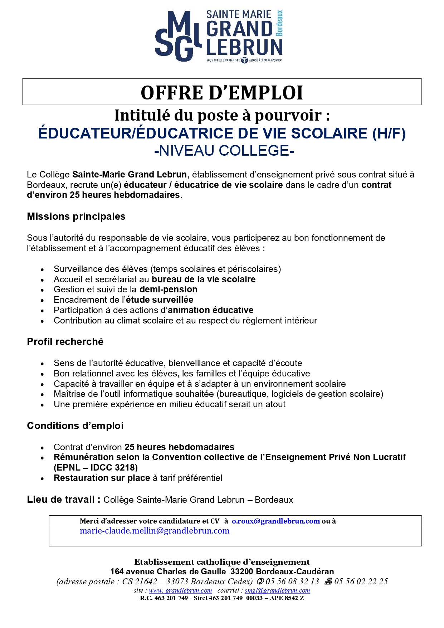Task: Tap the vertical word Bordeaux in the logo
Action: click(279, 23)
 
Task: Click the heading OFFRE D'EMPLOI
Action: click(222, 92)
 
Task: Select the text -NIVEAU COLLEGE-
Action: click(224, 151)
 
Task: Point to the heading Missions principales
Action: click(76, 216)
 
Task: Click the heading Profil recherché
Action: click(65, 342)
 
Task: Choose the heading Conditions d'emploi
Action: click(75, 426)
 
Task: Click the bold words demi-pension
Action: click(168, 289)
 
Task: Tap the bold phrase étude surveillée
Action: click(160, 300)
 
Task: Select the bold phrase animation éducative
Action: click(210, 310)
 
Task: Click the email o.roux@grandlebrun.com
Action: click(275, 521)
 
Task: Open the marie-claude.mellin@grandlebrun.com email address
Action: click(155, 531)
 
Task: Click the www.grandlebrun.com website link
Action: click(180, 590)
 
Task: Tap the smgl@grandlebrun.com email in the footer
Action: click(277, 590)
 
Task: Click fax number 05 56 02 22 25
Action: click(361, 581)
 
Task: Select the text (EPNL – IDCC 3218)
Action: click(96, 468)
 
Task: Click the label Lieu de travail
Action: click(61, 500)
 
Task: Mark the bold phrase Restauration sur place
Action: click(102, 478)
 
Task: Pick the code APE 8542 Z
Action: click(287, 598)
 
